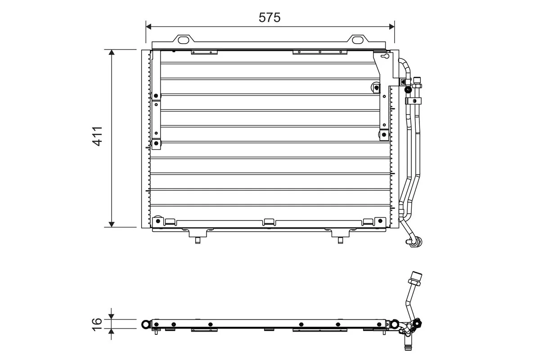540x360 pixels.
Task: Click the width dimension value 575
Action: (270, 17)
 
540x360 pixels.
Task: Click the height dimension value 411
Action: (98, 136)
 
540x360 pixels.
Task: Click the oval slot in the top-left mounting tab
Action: (184, 40)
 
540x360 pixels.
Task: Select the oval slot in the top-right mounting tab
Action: (357, 40)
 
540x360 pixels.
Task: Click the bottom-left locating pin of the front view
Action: (198, 239)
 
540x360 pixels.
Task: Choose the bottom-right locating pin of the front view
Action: (340, 239)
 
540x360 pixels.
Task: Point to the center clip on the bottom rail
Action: (269, 221)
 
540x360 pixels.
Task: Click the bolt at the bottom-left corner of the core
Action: (157, 221)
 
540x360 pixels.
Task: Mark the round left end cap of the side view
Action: (145, 324)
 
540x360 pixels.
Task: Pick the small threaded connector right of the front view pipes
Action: (417, 82)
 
